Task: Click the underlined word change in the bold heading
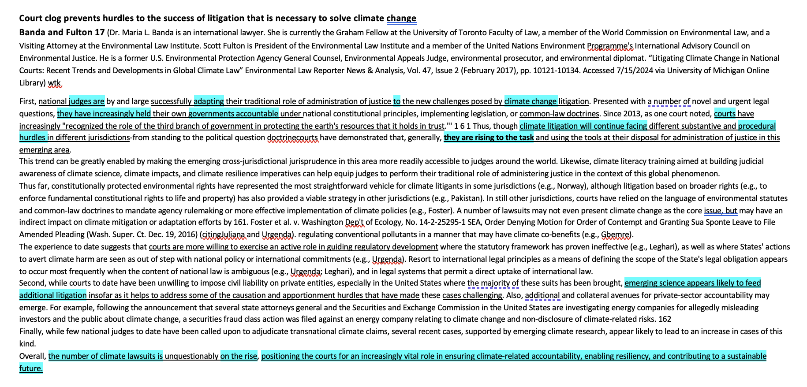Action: click(x=401, y=19)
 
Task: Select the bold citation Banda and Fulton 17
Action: click(x=62, y=33)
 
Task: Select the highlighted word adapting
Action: click(x=209, y=101)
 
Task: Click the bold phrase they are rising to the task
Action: click(x=489, y=138)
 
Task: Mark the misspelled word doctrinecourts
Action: click(x=292, y=138)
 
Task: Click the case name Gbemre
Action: click(x=615, y=234)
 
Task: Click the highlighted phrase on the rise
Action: click(x=239, y=356)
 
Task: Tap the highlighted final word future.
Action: click(x=31, y=368)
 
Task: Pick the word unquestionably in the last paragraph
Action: click(x=191, y=356)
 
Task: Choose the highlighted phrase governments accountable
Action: click(x=233, y=114)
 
